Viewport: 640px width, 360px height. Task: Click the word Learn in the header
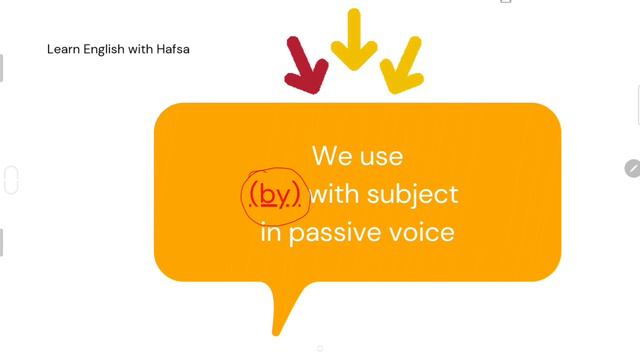click(x=62, y=48)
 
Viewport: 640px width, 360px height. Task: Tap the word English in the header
click(x=104, y=48)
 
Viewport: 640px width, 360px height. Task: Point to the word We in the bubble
click(x=331, y=156)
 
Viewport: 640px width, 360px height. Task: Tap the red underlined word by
click(x=273, y=194)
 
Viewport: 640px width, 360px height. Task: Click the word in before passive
click(x=269, y=233)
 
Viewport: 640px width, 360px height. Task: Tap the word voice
click(x=419, y=233)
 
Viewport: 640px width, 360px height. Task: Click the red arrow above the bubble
click(x=305, y=66)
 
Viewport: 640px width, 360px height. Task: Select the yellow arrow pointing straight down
click(x=353, y=42)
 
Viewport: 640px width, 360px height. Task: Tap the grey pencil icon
click(x=632, y=168)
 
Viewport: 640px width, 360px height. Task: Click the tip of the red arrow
click(x=316, y=92)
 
